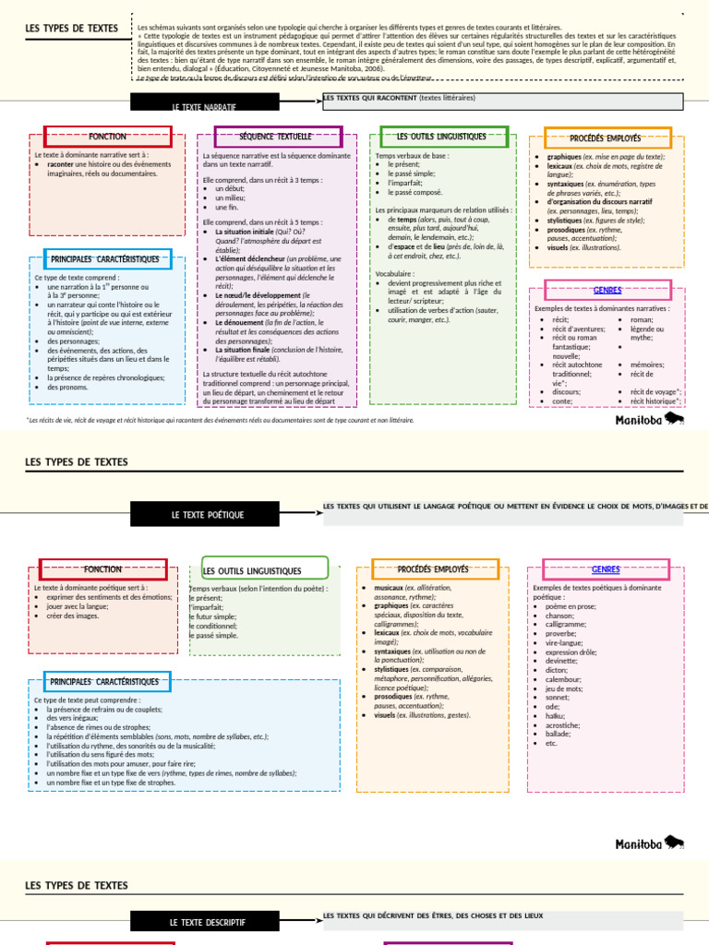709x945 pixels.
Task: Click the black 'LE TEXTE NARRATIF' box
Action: pos(203,106)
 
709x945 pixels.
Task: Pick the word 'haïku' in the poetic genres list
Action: pos(554,715)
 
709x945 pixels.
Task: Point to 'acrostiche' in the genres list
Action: pos(561,724)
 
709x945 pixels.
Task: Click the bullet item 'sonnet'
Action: pos(557,697)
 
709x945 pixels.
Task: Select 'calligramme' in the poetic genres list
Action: pos(565,624)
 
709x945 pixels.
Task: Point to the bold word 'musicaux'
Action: pos(392,588)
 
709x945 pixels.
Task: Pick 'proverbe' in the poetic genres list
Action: pos(560,633)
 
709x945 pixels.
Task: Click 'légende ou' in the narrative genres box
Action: pos(647,329)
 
